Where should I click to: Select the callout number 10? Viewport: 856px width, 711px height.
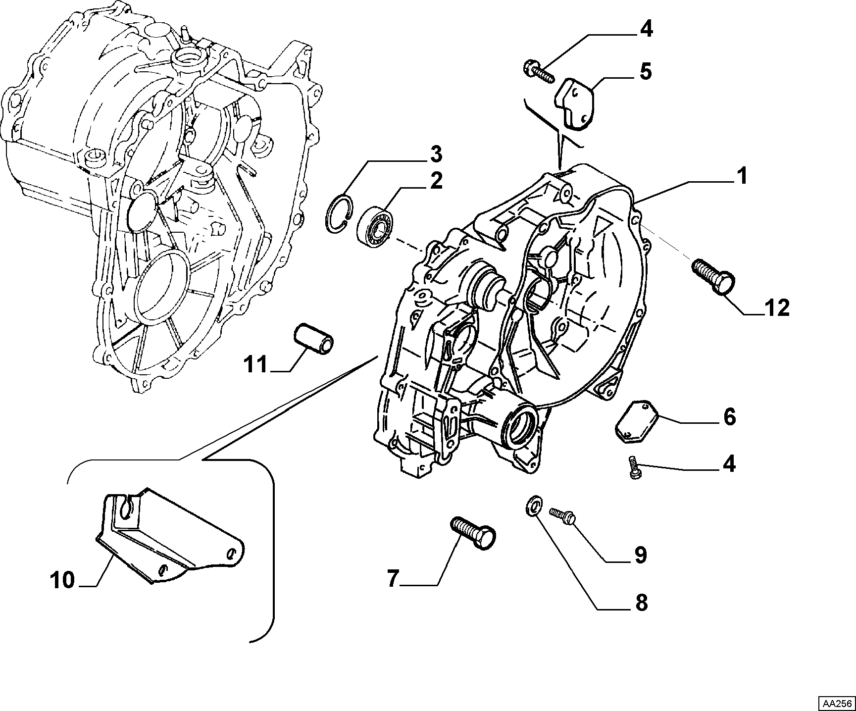coord(63,580)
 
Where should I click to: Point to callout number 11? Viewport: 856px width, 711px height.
coord(255,365)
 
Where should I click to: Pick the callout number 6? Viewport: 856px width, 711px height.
coord(729,417)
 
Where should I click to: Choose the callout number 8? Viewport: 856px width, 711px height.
coord(641,603)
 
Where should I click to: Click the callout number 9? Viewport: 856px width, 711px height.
coord(640,555)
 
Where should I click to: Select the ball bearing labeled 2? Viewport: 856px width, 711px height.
coord(376,225)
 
